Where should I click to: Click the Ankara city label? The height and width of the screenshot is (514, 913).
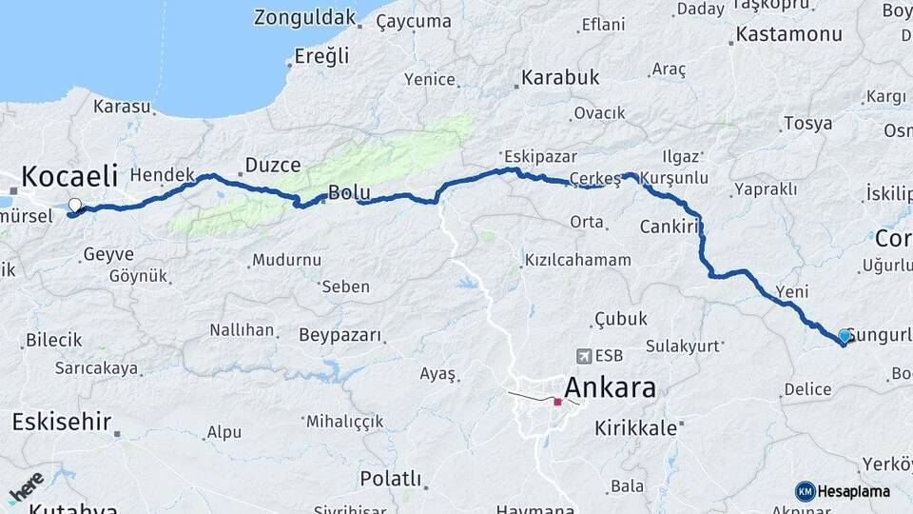[610, 388]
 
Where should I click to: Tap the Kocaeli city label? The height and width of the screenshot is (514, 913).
[69, 177]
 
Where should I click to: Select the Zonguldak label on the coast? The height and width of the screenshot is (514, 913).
[305, 17]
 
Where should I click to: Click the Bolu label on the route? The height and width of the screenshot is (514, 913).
[348, 193]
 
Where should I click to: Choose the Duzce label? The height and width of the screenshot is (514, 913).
[273, 166]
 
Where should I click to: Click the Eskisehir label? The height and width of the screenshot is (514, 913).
[62, 421]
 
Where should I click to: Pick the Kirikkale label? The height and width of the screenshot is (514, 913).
[635, 429]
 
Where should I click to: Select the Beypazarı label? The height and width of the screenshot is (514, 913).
[340, 335]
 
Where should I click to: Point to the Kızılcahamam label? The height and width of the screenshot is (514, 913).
[577, 260]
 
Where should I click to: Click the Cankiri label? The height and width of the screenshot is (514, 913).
[670, 227]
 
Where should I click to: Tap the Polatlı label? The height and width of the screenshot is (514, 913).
[390, 479]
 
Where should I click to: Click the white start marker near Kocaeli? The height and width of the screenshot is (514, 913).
[74, 205]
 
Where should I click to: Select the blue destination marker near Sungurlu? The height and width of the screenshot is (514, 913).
[845, 335]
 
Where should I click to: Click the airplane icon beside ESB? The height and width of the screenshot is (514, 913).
[582, 356]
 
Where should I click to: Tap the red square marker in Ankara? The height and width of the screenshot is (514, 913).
[557, 402]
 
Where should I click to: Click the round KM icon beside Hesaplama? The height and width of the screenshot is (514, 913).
[806, 491]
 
